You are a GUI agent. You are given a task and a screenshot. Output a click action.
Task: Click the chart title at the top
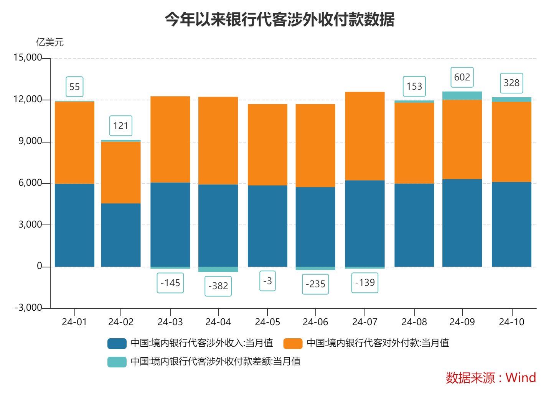click(279, 19)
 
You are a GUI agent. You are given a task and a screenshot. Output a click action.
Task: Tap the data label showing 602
click(462, 77)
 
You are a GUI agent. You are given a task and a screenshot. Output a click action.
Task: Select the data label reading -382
click(218, 286)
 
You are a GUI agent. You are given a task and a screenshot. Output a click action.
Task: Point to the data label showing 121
click(120, 126)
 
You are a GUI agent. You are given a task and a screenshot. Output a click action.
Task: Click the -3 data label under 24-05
click(267, 281)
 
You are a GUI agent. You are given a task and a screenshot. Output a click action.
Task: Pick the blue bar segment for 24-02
click(120, 234)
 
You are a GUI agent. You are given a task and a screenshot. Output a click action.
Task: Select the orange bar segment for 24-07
click(364, 136)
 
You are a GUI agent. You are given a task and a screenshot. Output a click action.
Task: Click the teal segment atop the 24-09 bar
click(462, 96)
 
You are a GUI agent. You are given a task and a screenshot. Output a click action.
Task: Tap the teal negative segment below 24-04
click(218, 269)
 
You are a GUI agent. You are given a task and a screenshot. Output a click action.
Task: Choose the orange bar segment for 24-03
click(170, 139)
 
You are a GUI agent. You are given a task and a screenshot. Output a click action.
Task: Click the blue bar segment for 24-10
click(511, 224)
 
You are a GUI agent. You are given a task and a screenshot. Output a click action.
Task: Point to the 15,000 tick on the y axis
click(27, 58)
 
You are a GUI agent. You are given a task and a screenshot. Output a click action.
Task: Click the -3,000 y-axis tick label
click(28, 308)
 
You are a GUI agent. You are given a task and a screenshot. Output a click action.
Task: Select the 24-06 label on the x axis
click(315, 322)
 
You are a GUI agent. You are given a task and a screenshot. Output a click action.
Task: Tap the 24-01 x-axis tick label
click(74, 322)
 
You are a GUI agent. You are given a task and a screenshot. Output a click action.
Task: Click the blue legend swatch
click(117, 343)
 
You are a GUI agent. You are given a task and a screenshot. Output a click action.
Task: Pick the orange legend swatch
click(293, 343)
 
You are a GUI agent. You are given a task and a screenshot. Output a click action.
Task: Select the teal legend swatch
click(117, 362)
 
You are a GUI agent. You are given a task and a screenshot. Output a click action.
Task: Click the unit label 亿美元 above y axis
click(50, 42)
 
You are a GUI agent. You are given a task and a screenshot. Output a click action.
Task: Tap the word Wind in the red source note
click(520, 378)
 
